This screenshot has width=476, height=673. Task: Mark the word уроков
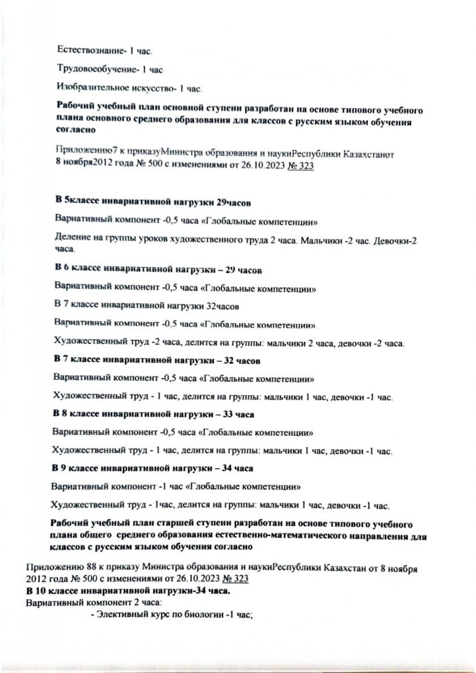pos(138,239)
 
